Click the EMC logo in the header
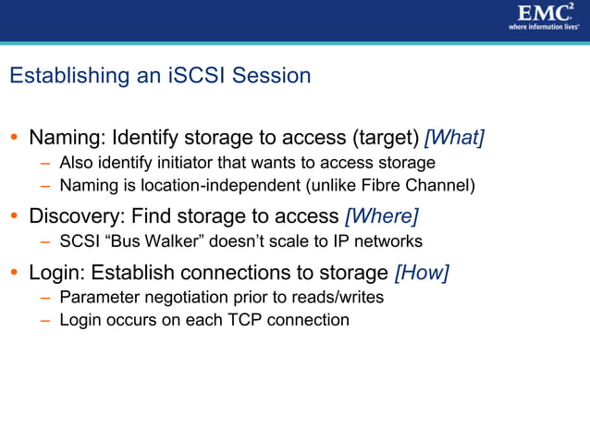543,12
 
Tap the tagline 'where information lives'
543,27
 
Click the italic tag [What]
454,138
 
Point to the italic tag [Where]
381,216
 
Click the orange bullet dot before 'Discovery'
14,217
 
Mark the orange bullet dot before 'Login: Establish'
14,274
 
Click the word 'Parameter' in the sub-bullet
96,298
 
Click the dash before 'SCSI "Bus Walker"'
45,242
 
